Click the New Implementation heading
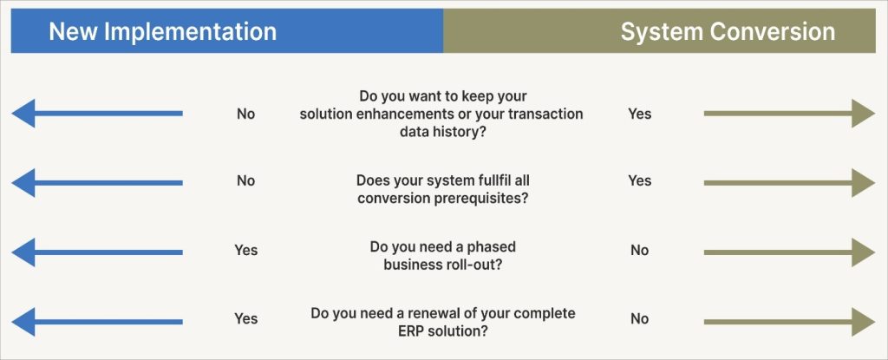point(162,32)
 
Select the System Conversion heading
point(728,32)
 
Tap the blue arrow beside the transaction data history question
point(97,114)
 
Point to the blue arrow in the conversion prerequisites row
point(97,182)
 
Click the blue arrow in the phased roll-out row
point(97,252)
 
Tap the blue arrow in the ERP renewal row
point(97,320)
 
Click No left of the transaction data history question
point(246,114)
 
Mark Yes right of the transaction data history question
point(639,114)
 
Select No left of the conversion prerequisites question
point(246,180)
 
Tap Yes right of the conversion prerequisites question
point(639,180)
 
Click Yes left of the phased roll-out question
point(246,250)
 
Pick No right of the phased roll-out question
point(639,250)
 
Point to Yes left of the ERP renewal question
point(246,318)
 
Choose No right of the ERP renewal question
point(639,318)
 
